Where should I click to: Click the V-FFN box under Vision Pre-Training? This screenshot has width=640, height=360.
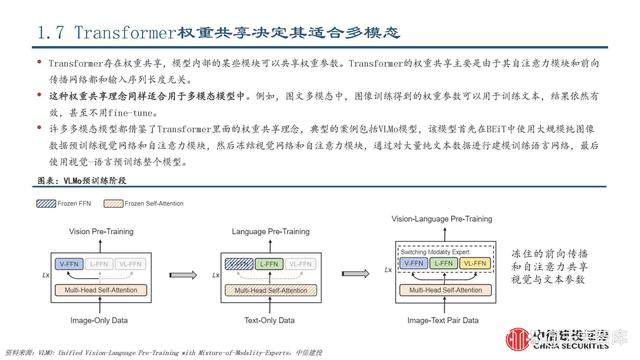[x=70, y=264]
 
